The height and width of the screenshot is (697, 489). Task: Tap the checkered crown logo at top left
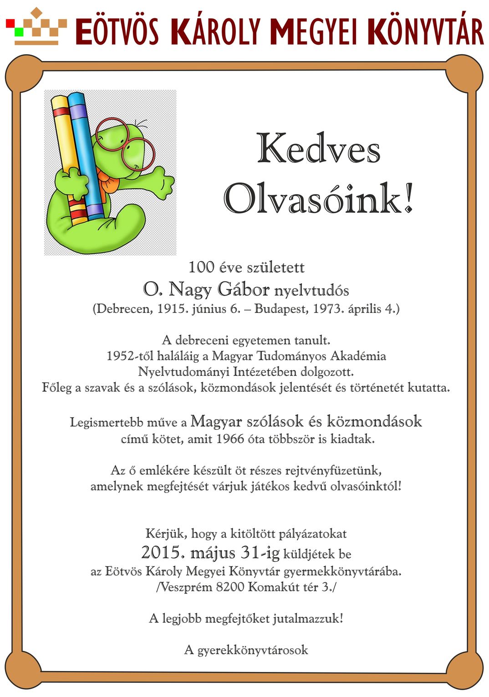click(x=36, y=26)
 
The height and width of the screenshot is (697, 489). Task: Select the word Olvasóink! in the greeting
click(x=318, y=198)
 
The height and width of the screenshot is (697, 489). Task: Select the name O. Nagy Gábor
click(x=206, y=289)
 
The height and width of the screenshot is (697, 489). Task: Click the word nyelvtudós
click(x=311, y=290)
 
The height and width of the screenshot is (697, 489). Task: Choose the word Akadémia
click(x=358, y=356)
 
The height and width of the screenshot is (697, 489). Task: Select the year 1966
click(x=230, y=440)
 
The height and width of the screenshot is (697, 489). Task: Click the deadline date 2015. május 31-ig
click(x=210, y=553)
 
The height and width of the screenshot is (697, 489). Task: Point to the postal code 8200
click(x=230, y=587)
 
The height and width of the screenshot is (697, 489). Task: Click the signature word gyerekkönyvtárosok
click(x=253, y=650)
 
